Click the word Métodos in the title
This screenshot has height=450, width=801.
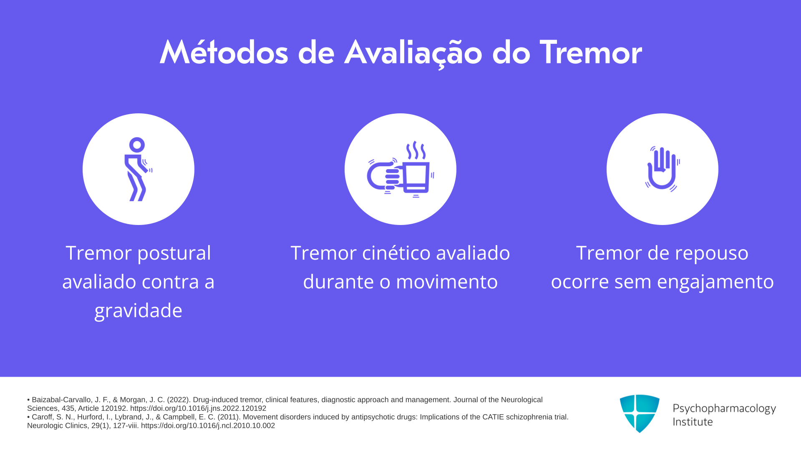[x=224, y=52]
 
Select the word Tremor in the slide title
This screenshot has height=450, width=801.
[x=591, y=52]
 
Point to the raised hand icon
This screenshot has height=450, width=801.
[x=662, y=168]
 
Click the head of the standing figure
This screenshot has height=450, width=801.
[x=137, y=145]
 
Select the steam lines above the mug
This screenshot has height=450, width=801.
[x=416, y=150]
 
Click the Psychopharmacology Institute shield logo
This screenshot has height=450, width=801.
[x=640, y=413]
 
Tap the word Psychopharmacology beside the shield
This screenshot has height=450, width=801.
[x=724, y=409]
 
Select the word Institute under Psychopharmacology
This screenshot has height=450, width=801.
[x=693, y=422]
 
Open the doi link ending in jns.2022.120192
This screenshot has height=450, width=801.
[x=198, y=408]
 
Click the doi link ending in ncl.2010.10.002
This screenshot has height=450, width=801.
[x=208, y=425]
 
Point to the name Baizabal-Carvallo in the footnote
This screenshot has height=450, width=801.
[x=62, y=400]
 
